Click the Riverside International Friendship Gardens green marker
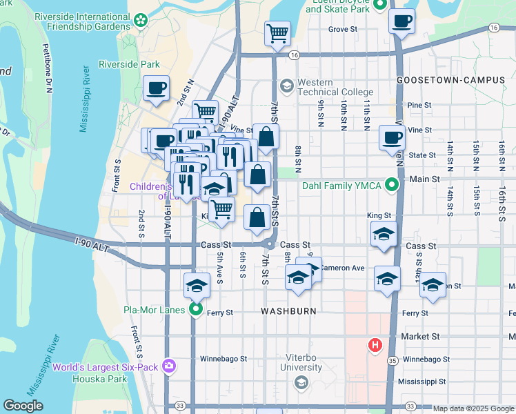141,21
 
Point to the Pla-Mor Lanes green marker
196,310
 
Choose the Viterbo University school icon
300,382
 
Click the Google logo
23,406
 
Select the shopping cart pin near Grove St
277,32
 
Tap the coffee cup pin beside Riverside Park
156,89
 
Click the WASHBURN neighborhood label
288,311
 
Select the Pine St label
419,106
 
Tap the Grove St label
342,30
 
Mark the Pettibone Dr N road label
48,67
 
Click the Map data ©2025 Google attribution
473,408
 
